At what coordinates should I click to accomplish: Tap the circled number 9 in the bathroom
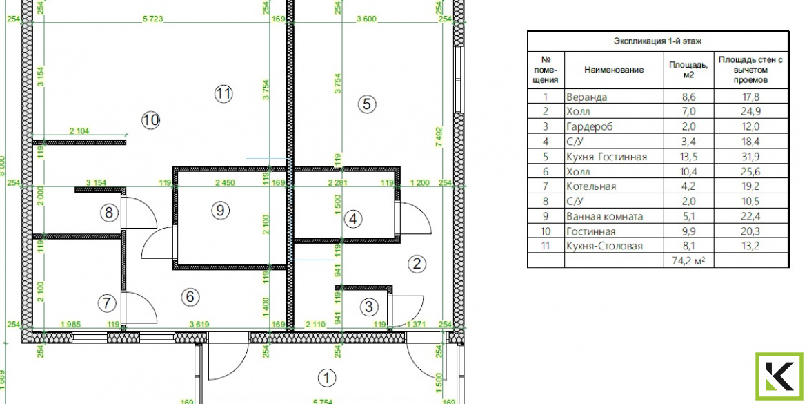(x=220, y=210)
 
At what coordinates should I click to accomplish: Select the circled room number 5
(x=366, y=104)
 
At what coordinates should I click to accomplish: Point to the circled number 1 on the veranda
(x=328, y=378)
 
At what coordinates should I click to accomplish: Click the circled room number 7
(x=106, y=303)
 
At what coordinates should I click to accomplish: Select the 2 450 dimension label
(x=225, y=182)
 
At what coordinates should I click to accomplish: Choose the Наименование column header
(x=614, y=70)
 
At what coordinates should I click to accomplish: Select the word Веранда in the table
(x=587, y=97)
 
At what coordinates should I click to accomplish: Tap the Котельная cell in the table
(x=591, y=186)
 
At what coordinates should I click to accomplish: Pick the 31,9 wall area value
(x=750, y=157)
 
